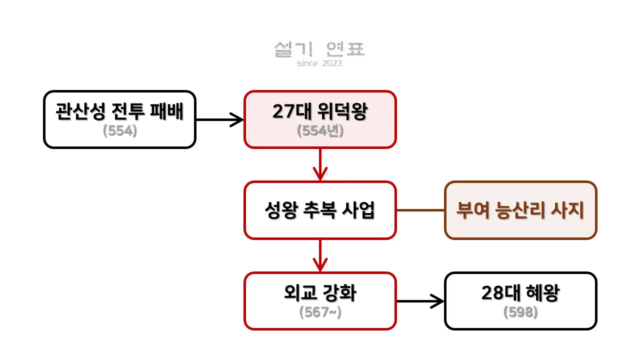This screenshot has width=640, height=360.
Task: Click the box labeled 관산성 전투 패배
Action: tap(119, 119)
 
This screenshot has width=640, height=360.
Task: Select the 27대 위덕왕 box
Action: tap(320, 119)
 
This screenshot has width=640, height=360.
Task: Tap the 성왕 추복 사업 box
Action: tap(320, 210)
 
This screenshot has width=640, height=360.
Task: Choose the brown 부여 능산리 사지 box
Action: tap(520, 210)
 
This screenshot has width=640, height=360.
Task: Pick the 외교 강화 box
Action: tap(320, 300)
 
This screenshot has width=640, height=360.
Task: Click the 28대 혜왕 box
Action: tap(520, 300)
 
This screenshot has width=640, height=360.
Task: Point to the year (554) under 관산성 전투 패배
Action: tap(119, 131)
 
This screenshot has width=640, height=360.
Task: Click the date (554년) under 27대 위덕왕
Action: tap(320, 131)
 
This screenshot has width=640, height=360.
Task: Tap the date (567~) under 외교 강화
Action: tap(320, 312)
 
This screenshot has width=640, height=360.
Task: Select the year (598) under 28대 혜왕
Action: tap(520, 312)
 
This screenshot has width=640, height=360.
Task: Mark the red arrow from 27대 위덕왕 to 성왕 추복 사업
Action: tap(320, 164)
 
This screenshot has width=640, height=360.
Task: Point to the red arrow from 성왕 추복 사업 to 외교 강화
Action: tap(320, 255)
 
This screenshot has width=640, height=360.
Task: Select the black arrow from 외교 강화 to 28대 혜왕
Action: tap(420, 301)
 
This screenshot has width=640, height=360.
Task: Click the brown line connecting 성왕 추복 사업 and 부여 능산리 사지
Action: tap(420, 210)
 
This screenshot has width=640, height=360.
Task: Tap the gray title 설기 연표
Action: tap(320, 49)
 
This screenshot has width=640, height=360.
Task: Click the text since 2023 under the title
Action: tap(319, 63)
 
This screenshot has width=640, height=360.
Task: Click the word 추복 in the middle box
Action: tap(320, 210)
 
